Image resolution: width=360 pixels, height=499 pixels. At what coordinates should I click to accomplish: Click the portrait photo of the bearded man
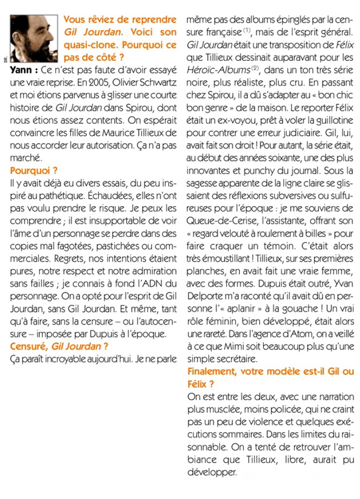pyautogui.click(x=34, y=39)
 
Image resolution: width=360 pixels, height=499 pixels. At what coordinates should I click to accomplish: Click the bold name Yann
pyautogui.click(x=22, y=70)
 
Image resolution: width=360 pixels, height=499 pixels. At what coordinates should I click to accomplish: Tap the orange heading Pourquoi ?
pyautogui.click(x=28, y=170)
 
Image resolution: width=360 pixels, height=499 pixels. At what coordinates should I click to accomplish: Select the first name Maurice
pyautogui.click(x=122, y=133)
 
